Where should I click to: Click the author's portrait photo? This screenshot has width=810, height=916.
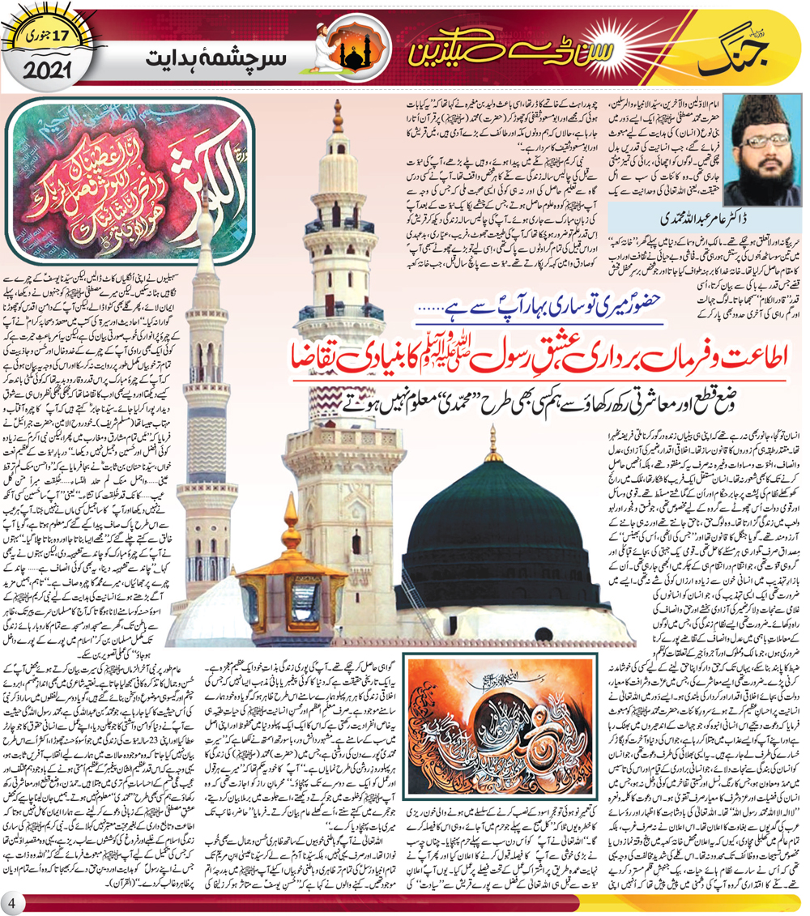(763, 139)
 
